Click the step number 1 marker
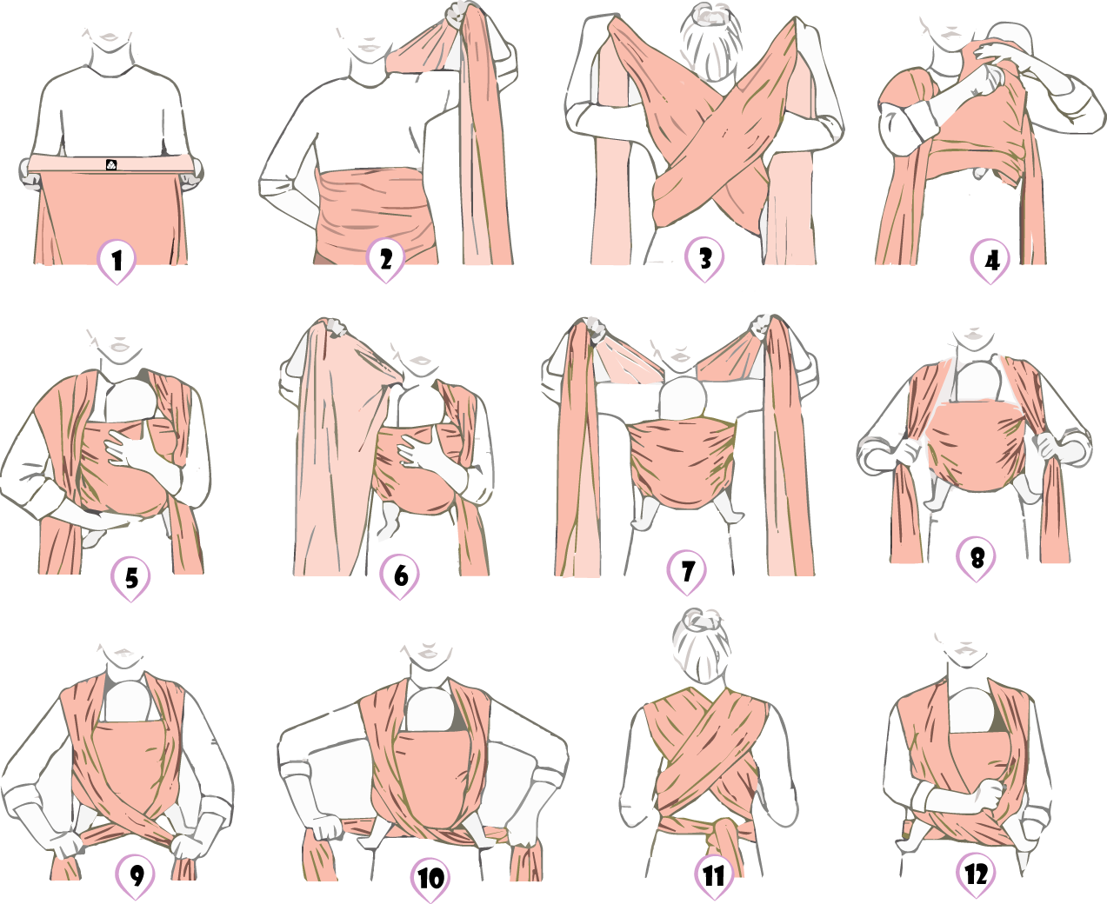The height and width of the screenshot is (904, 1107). click(117, 261)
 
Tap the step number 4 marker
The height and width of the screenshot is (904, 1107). click(990, 261)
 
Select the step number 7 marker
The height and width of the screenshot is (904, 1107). click(687, 572)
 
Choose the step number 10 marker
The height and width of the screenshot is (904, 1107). click(430, 880)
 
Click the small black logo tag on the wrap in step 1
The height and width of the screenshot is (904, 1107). click(111, 165)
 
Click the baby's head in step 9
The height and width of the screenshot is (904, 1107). click(128, 701)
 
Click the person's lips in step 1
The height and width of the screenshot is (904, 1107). click(110, 37)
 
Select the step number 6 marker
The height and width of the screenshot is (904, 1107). click(400, 575)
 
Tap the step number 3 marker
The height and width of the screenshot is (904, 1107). click(704, 259)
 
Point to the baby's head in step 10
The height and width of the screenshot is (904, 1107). click(431, 709)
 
